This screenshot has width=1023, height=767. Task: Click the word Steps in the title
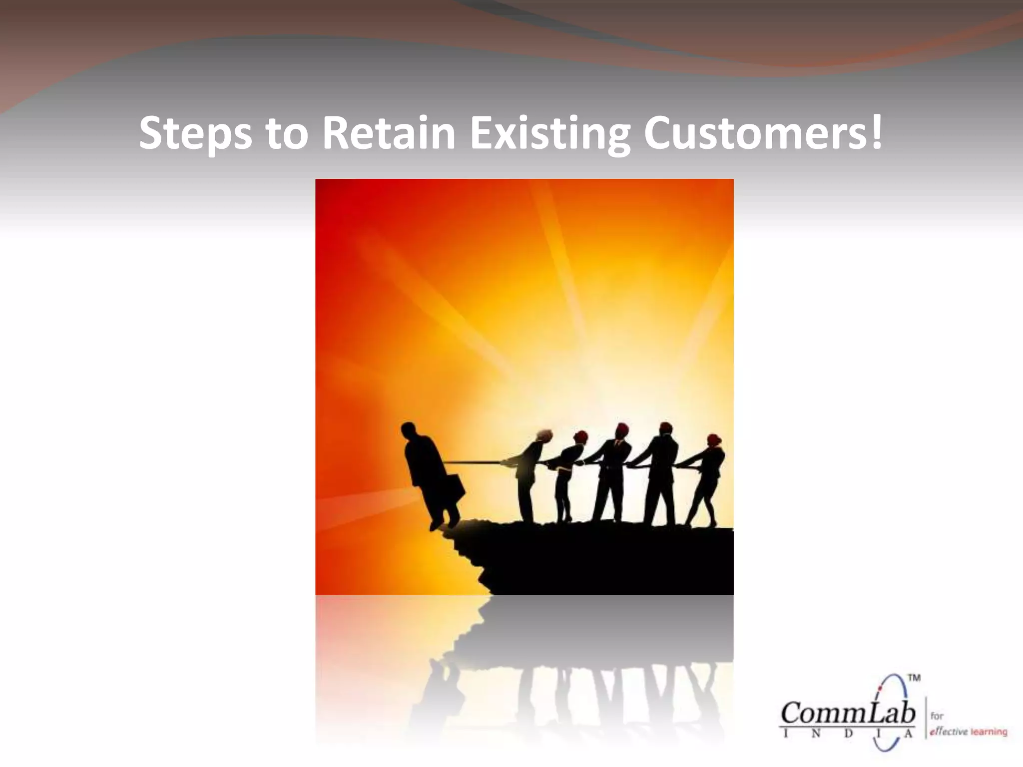point(195,133)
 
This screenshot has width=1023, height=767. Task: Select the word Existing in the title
point(549,133)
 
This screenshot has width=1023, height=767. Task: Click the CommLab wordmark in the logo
point(848,713)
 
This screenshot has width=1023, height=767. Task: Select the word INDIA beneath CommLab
point(848,734)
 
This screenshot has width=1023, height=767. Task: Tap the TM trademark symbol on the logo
point(914,678)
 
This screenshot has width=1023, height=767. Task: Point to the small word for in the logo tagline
point(937,716)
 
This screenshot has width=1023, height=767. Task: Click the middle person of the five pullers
point(609,474)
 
